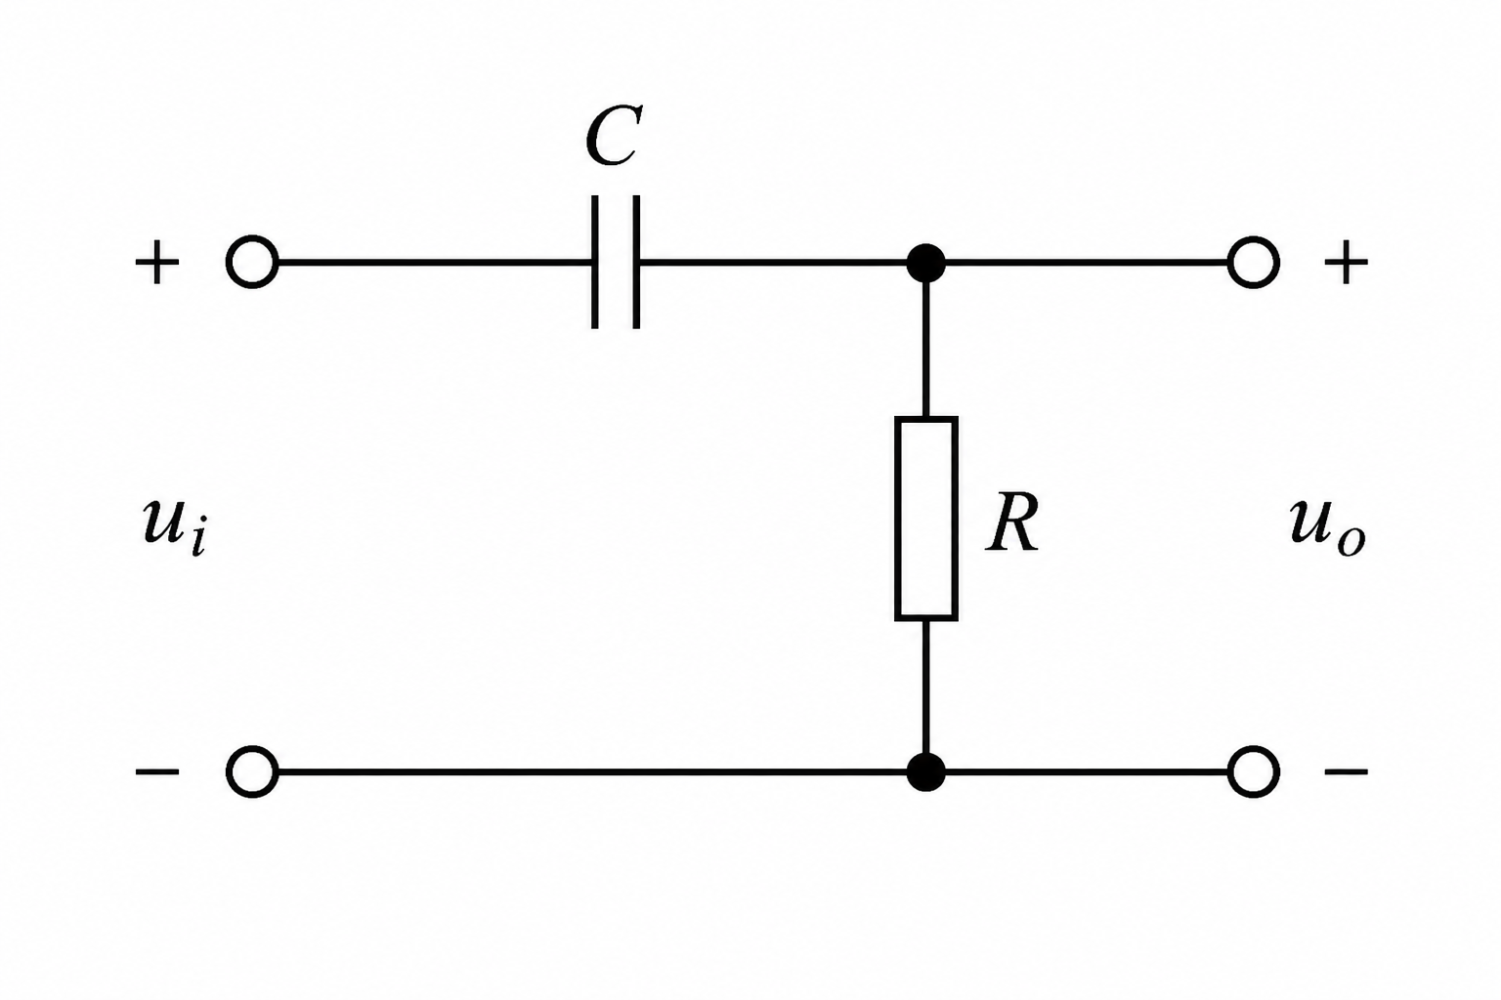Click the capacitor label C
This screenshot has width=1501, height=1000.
pyautogui.click(x=614, y=137)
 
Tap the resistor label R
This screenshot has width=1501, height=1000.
pyautogui.click(x=1011, y=524)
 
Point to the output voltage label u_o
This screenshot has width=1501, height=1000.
pyautogui.click(x=1326, y=524)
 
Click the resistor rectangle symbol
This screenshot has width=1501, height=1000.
pyautogui.click(x=925, y=519)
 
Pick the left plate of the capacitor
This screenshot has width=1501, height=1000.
pyautogui.click(x=595, y=262)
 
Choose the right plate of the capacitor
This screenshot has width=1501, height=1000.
pyautogui.click(x=636, y=262)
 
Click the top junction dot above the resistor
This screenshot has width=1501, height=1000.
pyautogui.click(x=925, y=263)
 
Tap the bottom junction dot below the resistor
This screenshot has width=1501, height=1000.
pyautogui.click(x=925, y=771)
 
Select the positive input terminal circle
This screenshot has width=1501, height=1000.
pyautogui.click(x=252, y=262)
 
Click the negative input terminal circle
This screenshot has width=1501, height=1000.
pyautogui.click(x=252, y=771)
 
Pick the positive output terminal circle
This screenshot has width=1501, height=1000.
pyautogui.click(x=1254, y=262)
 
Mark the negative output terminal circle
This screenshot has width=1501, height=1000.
pyautogui.click(x=1254, y=771)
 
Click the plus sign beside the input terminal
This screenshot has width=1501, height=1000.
pyautogui.click(x=157, y=263)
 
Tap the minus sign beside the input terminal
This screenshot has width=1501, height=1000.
pyautogui.click(x=157, y=772)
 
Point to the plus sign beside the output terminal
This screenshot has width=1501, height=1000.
pyautogui.click(x=1346, y=263)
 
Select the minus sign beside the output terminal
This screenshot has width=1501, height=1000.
pyautogui.click(x=1346, y=772)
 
